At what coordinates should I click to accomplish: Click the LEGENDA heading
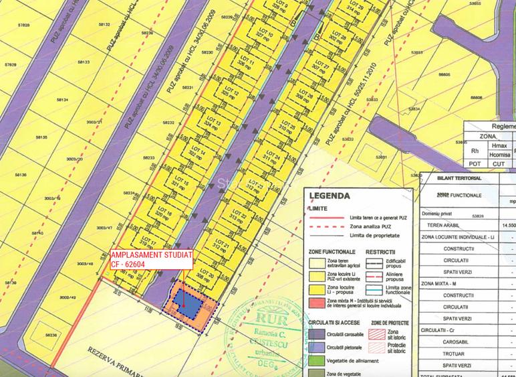tap(330, 196)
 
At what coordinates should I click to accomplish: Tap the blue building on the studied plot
tap(188, 305)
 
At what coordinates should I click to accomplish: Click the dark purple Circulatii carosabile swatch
tap(316, 333)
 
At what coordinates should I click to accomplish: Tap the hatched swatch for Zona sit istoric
tap(377, 333)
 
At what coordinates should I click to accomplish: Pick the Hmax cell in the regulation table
tap(497, 145)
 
